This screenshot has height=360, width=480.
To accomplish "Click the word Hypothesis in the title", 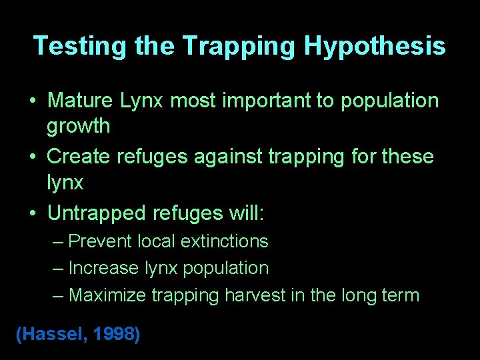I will click(x=375, y=45).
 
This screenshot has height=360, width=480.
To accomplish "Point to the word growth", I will click(x=79, y=125).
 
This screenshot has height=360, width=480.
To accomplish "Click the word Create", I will click(x=79, y=157).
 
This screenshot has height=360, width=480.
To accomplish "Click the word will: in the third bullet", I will click(x=247, y=213).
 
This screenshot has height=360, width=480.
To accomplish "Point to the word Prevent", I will click(x=102, y=241).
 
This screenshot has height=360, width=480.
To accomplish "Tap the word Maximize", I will click(x=107, y=295).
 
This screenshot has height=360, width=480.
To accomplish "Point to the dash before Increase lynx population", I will click(x=58, y=268).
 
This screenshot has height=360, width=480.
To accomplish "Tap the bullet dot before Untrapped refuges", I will click(x=33, y=214).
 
